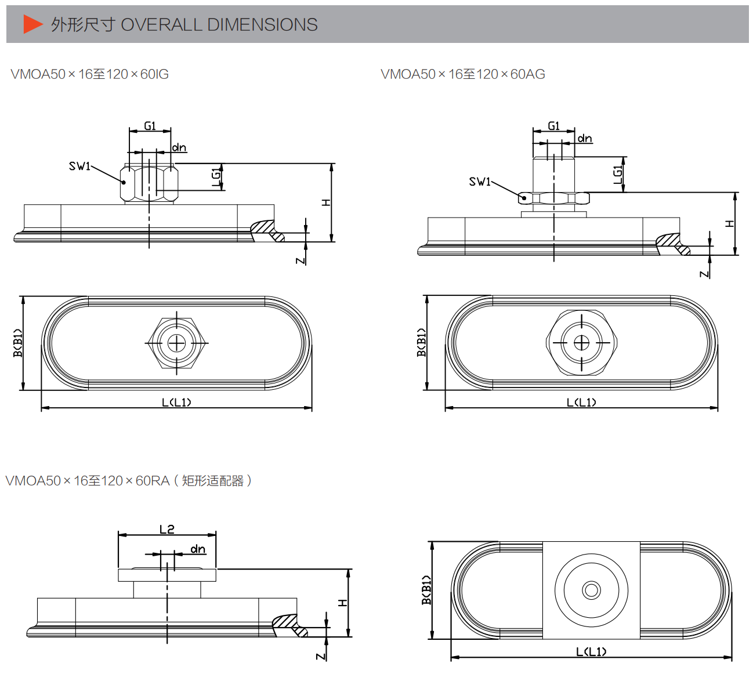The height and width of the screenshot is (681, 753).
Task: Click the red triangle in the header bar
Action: point(33,24)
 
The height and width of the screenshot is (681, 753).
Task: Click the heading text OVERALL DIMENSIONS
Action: point(219,25)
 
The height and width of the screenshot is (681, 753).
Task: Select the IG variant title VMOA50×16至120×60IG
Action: point(90,74)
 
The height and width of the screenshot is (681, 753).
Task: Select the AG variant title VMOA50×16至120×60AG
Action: point(463,74)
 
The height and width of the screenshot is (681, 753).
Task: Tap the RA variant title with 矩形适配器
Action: point(129,480)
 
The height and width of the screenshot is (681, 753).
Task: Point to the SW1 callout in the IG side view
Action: point(79,166)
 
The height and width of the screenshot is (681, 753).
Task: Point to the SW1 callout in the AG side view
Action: point(480,182)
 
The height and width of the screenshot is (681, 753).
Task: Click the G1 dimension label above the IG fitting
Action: point(150,126)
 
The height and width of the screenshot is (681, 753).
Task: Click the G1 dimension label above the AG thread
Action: point(553,126)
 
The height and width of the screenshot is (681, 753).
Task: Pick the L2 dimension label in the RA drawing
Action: point(167,530)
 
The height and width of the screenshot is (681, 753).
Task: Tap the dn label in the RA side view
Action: point(198,549)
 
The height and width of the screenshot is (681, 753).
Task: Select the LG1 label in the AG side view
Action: point(617,175)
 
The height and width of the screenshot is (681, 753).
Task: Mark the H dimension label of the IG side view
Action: point(326,202)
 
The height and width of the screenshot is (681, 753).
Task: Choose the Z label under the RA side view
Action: point(320,657)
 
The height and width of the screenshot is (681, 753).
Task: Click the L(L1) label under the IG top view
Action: point(176,403)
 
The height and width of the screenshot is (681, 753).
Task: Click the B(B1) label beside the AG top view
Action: point(421,342)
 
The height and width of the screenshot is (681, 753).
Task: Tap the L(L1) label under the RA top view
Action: point(591,652)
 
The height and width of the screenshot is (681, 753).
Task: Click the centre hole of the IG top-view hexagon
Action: point(176,343)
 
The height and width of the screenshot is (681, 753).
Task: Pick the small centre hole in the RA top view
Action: point(592,591)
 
